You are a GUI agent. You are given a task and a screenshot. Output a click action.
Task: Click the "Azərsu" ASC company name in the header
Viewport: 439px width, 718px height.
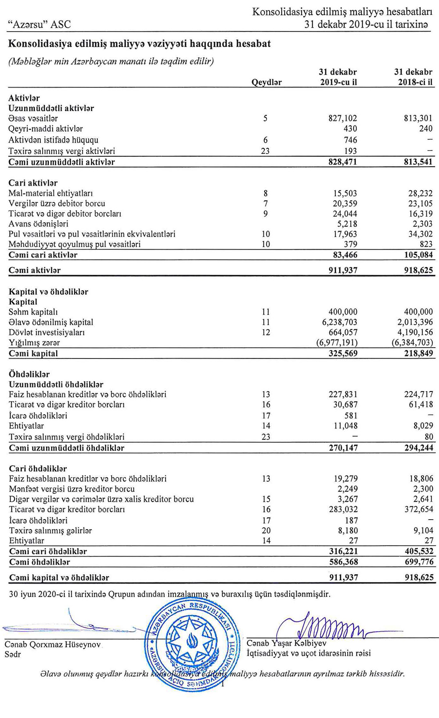[x=40, y=25]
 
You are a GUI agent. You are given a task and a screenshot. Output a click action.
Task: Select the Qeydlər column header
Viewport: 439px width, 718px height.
[x=266, y=82]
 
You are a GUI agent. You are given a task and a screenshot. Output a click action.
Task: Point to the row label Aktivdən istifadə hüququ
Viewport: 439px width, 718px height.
[x=54, y=140]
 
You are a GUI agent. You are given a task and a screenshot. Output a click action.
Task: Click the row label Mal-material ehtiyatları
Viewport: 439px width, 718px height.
[x=50, y=193]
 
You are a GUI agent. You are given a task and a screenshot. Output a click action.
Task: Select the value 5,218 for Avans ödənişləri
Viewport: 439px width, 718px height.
[x=346, y=224]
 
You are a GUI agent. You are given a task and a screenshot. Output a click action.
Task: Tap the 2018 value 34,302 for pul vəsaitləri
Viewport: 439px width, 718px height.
[x=420, y=234]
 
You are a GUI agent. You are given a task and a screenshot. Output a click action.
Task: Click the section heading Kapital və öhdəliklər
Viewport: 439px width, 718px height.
[x=48, y=291]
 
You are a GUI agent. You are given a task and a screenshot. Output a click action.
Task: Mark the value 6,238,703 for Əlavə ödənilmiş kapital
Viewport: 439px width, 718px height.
[x=337, y=322]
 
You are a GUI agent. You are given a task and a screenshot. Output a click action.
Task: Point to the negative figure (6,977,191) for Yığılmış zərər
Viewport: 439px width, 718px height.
[x=337, y=342]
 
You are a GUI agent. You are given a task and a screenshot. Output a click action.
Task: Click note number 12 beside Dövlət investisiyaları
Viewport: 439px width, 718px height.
[x=266, y=332]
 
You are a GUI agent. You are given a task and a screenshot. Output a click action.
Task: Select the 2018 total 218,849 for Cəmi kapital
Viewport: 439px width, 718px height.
[x=418, y=353]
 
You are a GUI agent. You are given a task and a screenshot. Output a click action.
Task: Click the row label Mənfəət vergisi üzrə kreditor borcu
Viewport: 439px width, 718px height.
[x=72, y=489]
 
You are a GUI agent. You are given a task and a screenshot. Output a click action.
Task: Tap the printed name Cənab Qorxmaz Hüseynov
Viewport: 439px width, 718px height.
[x=53, y=645]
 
